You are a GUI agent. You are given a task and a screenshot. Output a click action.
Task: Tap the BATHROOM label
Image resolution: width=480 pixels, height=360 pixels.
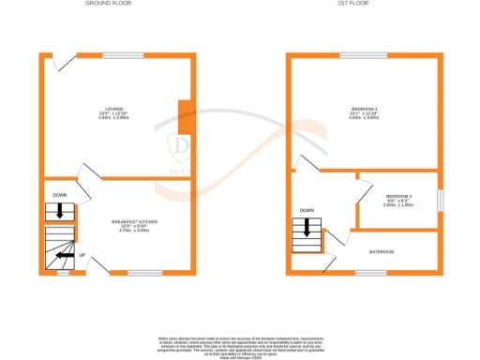click(381, 252)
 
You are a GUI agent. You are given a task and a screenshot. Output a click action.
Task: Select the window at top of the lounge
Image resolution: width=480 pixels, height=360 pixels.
click(116, 55)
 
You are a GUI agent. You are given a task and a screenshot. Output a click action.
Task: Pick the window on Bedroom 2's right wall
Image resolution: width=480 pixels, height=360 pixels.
click(440, 201)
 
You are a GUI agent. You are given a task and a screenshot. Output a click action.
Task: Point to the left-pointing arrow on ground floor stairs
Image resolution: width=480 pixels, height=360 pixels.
click(64, 253)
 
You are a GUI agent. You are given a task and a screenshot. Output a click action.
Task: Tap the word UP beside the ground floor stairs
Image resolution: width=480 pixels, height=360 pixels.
click(82, 255)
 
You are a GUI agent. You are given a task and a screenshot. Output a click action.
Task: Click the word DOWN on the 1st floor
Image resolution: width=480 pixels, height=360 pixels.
click(306, 210)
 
